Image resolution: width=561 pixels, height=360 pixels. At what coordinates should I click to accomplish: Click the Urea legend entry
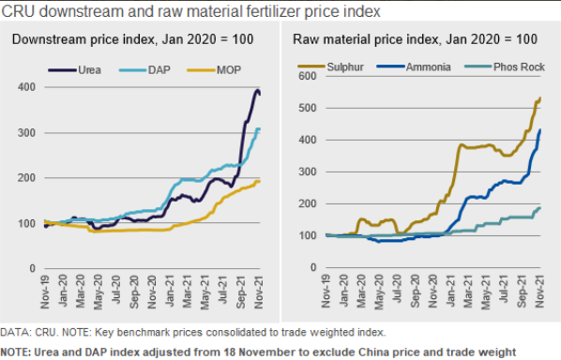[x=75, y=69]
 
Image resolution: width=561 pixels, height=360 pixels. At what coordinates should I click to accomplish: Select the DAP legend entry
[x=144, y=69]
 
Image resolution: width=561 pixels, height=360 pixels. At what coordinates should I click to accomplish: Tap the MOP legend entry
[x=214, y=69]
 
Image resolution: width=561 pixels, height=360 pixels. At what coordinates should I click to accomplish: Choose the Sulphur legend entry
[x=330, y=67]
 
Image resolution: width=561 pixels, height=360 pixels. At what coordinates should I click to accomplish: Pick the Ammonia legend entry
[x=414, y=67]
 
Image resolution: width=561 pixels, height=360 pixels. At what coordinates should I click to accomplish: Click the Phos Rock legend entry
[x=505, y=67]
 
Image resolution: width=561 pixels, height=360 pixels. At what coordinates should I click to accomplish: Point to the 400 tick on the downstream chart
[x=26, y=87]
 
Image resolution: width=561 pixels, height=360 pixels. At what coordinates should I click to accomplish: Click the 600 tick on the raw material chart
[x=308, y=76]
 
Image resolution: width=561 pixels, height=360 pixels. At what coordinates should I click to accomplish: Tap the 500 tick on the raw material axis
[x=308, y=108]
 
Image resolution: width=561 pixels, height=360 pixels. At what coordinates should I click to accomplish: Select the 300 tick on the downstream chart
[x=26, y=133]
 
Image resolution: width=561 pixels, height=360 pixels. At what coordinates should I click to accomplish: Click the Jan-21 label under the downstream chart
[x=170, y=292]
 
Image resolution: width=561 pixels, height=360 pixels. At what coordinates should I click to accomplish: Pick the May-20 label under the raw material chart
[x=379, y=292]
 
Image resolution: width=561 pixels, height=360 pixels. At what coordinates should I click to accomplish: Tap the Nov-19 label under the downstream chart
[x=45, y=292]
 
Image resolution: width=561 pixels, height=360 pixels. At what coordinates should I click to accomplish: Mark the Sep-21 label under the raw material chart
[x=522, y=292]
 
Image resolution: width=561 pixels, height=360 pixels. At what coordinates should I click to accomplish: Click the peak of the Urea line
[x=257, y=90]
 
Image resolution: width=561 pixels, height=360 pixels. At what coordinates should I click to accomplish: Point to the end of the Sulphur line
[x=539, y=97]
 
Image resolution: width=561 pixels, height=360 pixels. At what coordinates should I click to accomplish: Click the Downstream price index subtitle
[x=132, y=39]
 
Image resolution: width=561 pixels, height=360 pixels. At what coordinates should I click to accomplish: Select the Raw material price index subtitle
[x=415, y=39]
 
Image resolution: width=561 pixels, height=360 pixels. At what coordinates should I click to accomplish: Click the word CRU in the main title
[x=18, y=11]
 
